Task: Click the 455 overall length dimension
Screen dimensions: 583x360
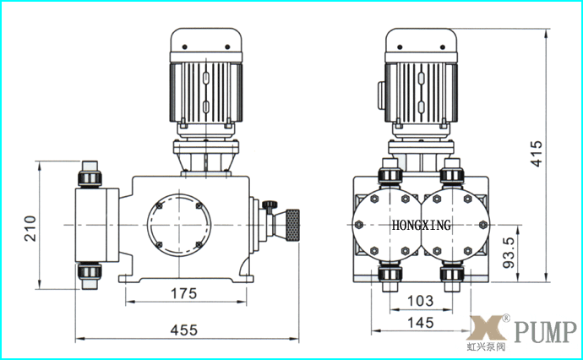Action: (183, 330)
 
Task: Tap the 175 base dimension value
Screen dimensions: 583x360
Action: (183, 293)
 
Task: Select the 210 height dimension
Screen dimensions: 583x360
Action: (30, 228)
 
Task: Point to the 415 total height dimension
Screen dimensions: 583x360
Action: (537, 154)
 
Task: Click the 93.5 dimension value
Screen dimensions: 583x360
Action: (509, 253)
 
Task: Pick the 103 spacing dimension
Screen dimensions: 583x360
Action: (420, 301)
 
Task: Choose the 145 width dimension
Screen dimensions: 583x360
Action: (421, 323)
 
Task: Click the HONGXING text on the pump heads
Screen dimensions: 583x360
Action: (422, 225)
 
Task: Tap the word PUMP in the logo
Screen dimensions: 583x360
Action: (546, 332)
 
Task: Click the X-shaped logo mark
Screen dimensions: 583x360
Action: (487, 328)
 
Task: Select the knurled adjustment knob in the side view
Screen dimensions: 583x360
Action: (292, 225)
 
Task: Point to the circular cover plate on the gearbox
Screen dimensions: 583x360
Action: (179, 225)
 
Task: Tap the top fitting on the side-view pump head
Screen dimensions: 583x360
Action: (90, 174)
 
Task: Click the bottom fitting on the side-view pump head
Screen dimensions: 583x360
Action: (90, 276)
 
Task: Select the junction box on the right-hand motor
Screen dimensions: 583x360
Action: (381, 95)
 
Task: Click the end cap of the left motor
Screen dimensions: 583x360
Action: (206, 41)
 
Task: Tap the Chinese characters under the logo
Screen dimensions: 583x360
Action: (487, 347)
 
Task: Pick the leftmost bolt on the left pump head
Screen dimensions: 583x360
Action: (359, 225)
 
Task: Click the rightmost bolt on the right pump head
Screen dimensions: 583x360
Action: (483, 225)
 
